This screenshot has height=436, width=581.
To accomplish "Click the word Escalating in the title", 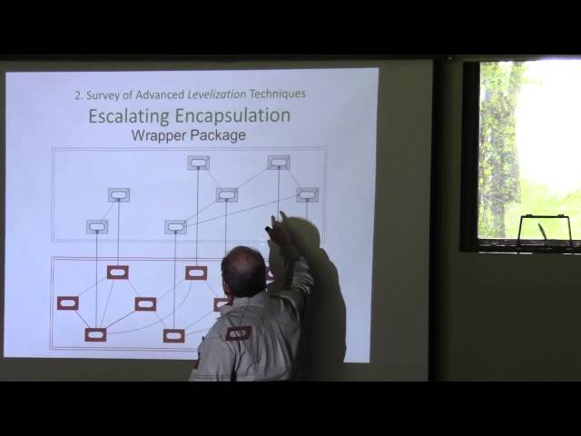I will (x=127, y=116).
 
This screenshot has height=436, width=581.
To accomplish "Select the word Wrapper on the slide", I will (x=161, y=135).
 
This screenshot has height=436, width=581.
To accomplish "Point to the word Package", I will (x=219, y=135).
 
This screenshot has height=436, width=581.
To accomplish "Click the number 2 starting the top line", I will (x=77, y=94).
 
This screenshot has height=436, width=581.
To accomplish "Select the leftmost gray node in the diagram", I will (x=97, y=226).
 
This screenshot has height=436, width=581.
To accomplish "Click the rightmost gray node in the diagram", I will (x=307, y=194).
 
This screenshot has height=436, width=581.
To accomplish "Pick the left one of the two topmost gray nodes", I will (x=198, y=163).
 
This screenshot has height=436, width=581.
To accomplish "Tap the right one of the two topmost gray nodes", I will (x=279, y=163).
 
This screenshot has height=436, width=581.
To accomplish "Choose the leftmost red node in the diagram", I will (x=67, y=303).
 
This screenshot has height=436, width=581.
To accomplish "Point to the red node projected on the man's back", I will (x=238, y=333).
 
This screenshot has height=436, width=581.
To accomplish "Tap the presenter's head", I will (x=243, y=271).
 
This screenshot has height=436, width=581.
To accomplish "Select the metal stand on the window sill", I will (x=545, y=230).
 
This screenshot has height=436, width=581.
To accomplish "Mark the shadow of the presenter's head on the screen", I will (x=304, y=238).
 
